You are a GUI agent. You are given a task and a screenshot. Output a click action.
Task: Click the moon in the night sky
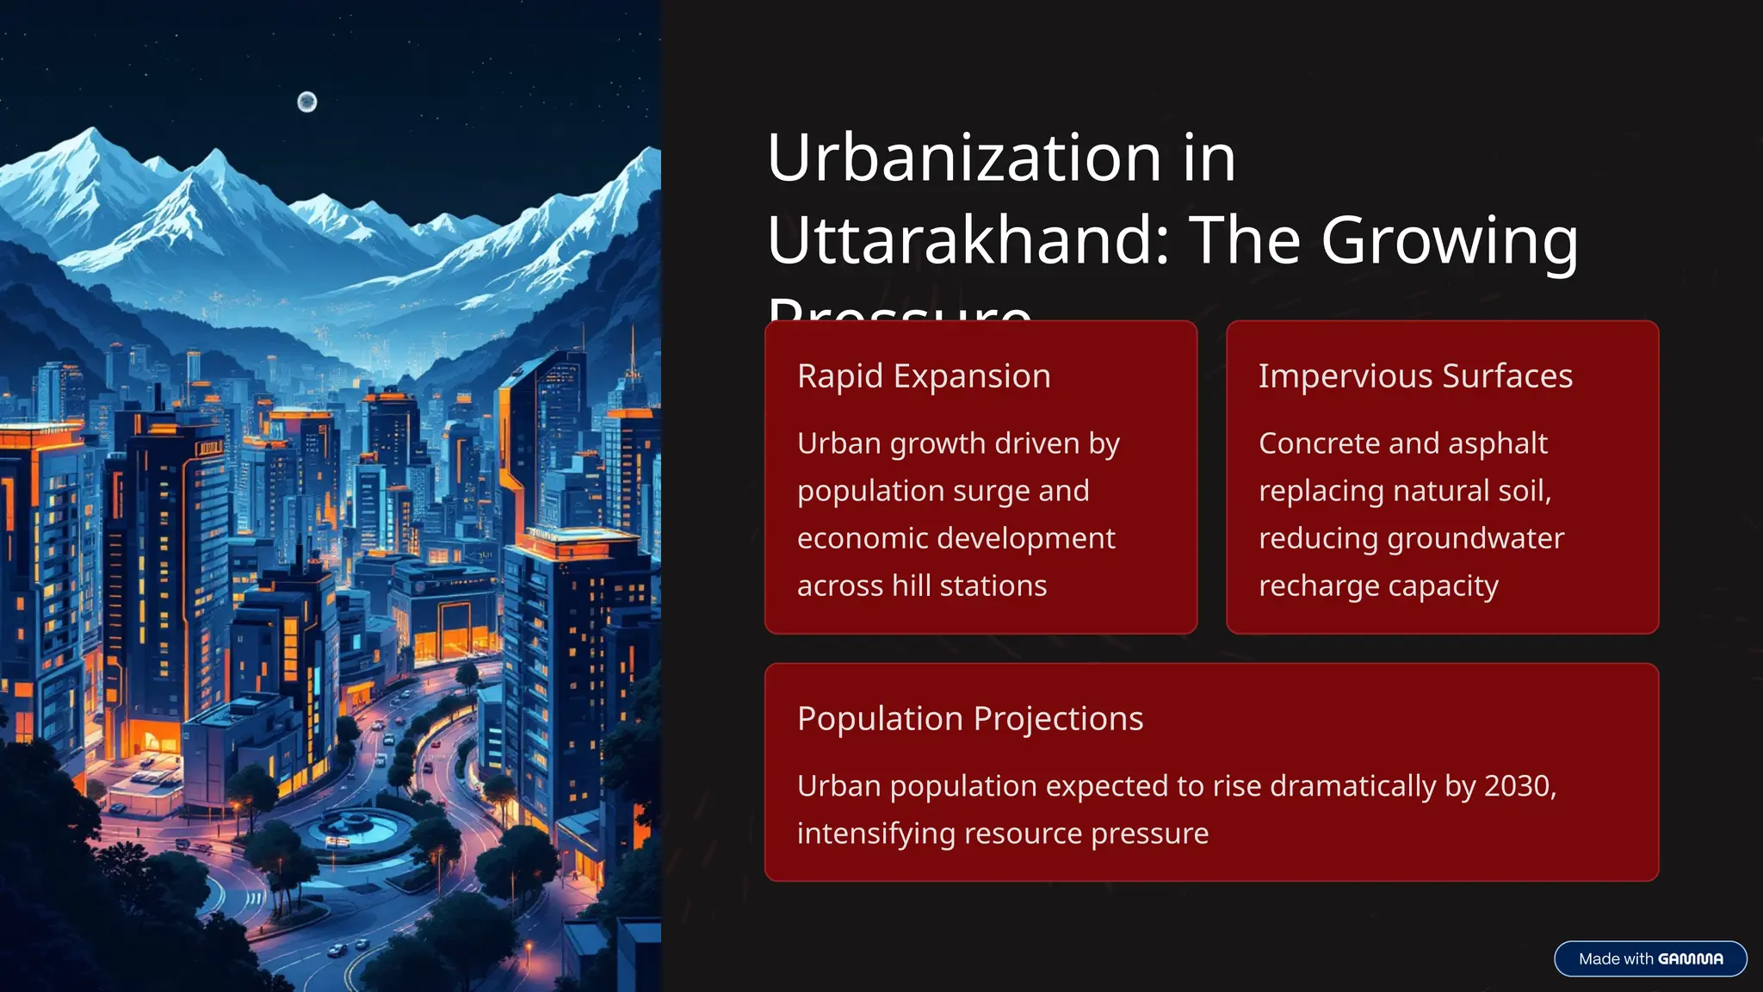[x=307, y=102]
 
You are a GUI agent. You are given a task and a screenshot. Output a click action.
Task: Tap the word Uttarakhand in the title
[x=968, y=240]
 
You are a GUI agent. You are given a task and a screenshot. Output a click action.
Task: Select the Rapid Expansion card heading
[x=924, y=376]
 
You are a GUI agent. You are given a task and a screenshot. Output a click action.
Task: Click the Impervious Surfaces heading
[x=1415, y=376]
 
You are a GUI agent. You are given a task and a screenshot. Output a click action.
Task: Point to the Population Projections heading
[x=970, y=719]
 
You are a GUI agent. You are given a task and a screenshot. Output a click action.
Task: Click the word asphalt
[x=1498, y=443]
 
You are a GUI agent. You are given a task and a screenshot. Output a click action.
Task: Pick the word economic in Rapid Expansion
[x=857, y=539]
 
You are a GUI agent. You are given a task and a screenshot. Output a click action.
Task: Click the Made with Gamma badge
[x=1650, y=959]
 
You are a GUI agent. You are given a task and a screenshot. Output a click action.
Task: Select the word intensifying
[x=875, y=834]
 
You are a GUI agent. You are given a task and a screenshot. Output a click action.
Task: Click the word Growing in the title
[x=1450, y=240]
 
